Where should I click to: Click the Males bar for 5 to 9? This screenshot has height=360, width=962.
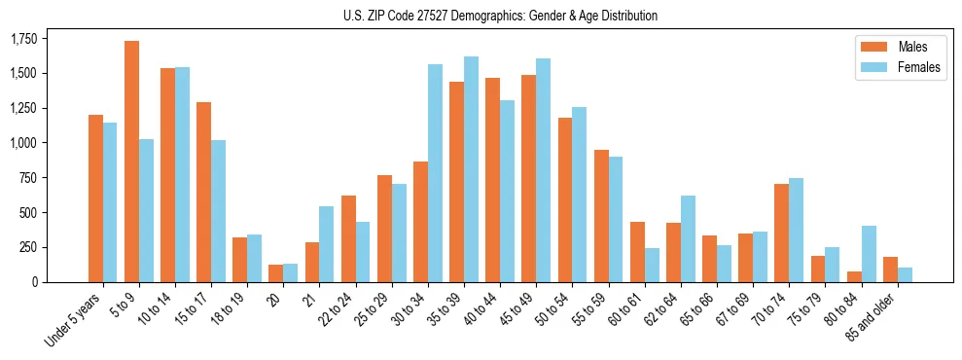click(x=132, y=162)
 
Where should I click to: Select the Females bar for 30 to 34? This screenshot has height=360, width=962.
click(x=435, y=173)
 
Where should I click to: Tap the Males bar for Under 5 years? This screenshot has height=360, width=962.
click(x=95, y=198)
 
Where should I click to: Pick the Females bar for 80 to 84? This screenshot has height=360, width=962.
click(x=869, y=254)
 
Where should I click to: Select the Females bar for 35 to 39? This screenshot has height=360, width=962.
click(x=472, y=169)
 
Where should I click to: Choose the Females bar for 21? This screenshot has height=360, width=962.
click(x=327, y=244)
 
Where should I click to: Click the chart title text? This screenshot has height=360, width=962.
click(x=500, y=16)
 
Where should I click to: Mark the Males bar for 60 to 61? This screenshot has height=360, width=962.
click(x=638, y=252)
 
